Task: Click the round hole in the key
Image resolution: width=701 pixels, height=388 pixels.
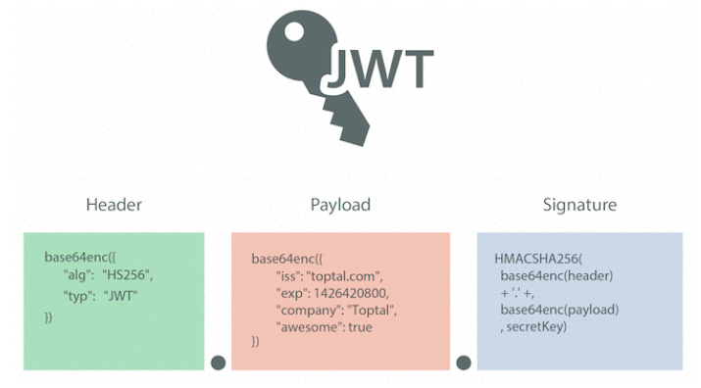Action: click(294, 31)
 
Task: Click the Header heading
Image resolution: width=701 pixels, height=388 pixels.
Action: click(114, 205)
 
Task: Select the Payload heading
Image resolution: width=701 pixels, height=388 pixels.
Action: click(340, 205)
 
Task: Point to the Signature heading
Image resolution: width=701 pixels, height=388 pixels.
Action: click(579, 205)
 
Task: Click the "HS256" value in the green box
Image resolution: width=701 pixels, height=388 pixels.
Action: click(127, 275)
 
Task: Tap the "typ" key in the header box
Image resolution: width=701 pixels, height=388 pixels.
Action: click(76, 296)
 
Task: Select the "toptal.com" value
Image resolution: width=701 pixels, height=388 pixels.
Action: click(344, 276)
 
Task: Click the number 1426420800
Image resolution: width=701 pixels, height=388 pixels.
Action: click(351, 294)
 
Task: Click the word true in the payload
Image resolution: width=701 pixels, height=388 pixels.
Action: click(360, 327)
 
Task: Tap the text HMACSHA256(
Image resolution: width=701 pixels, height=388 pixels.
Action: click(538, 259)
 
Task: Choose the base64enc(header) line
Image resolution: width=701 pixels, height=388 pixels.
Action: click(557, 275)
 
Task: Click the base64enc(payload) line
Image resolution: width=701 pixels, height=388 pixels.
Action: click(559, 310)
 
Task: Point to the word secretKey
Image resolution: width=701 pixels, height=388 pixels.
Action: click(536, 327)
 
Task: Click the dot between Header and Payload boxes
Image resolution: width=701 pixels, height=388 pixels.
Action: click(219, 363)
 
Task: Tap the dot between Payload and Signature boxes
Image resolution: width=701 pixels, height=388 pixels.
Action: click(464, 363)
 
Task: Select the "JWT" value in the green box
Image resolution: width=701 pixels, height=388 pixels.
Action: click(121, 296)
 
